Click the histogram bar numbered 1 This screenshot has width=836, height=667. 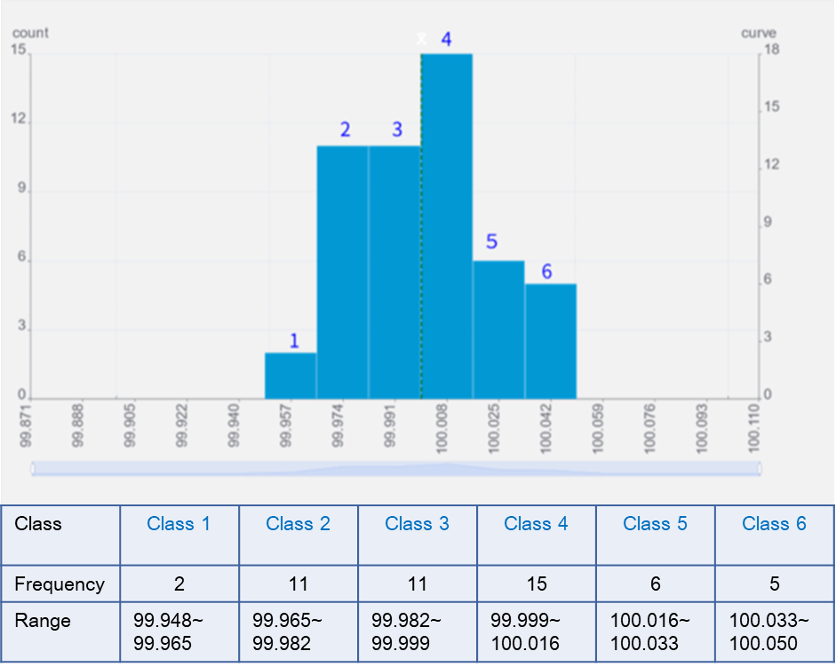[x=291, y=376]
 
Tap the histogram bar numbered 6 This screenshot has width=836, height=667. [x=551, y=341]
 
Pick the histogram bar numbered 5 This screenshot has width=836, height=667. [x=498, y=330]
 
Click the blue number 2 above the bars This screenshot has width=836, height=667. [x=346, y=130]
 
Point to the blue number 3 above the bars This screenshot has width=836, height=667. [x=397, y=130]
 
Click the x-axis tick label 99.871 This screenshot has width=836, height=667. [x=26, y=428]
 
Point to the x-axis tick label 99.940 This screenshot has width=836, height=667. [x=234, y=428]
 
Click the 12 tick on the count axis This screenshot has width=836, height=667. [x=18, y=120]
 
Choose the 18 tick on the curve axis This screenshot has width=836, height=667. [x=772, y=51]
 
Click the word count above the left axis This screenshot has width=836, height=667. [x=30, y=33]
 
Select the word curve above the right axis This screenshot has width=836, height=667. [x=759, y=33]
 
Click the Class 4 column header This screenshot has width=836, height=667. [x=536, y=524]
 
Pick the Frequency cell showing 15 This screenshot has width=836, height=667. [x=536, y=584]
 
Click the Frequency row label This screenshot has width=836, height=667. [x=60, y=584]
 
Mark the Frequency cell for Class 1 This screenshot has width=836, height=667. [x=179, y=584]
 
